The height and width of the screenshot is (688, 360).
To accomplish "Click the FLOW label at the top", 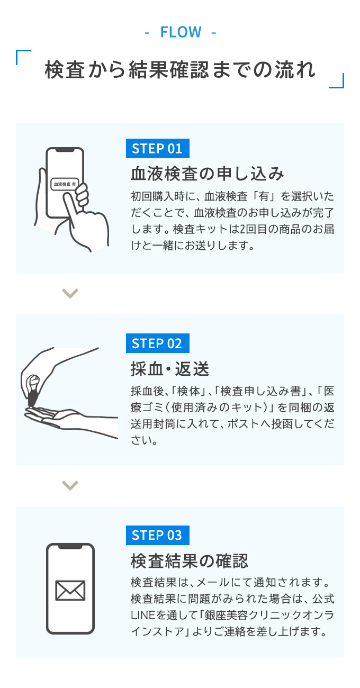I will (x=181, y=33).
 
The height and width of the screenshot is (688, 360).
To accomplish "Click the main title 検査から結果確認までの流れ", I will (x=180, y=70).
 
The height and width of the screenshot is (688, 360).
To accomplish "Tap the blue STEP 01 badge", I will (x=157, y=148).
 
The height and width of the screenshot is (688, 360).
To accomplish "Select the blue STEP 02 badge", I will (x=157, y=343).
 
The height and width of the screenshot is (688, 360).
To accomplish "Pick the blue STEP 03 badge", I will (x=157, y=535).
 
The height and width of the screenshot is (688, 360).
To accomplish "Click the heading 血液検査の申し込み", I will (x=207, y=174).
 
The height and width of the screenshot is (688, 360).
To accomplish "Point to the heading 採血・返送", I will (x=169, y=368).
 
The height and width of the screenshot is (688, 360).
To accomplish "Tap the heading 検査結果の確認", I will (x=189, y=560).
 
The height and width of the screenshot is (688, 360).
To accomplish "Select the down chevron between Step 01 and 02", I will (x=70, y=293).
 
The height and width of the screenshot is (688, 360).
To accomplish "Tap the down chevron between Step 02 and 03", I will (x=70, y=485).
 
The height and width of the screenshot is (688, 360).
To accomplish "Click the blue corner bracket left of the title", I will (x=23, y=57).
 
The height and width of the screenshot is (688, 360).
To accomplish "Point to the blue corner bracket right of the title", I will (x=337, y=81).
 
